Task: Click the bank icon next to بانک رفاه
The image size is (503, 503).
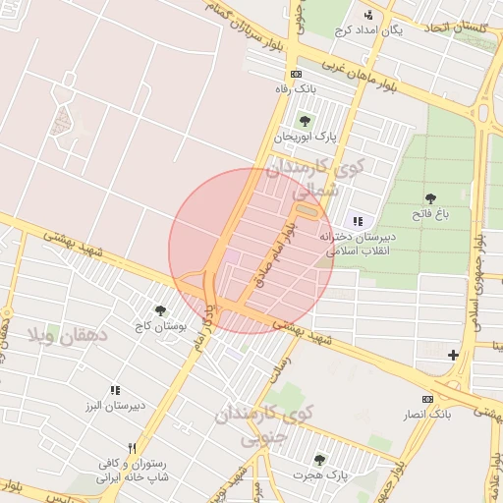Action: (x=296, y=74)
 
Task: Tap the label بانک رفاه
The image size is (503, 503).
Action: (x=297, y=87)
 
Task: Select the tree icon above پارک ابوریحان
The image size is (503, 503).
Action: (x=305, y=121)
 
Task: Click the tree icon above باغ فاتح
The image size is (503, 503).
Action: (x=429, y=199)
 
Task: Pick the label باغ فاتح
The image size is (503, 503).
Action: (x=429, y=214)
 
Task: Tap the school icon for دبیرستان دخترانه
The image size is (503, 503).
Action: (x=357, y=222)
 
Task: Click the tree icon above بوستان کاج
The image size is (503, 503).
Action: (x=160, y=310)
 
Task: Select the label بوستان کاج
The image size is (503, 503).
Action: (x=154, y=325)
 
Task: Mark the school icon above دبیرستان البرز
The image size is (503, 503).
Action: (x=115, y=391)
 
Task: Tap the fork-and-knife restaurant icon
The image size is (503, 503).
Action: (x=131, y=446)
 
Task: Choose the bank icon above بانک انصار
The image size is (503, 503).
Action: (x=426, y=399)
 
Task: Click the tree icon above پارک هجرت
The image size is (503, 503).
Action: (x=318, y=460)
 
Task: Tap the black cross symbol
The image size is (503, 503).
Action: (x=453, y=355)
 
